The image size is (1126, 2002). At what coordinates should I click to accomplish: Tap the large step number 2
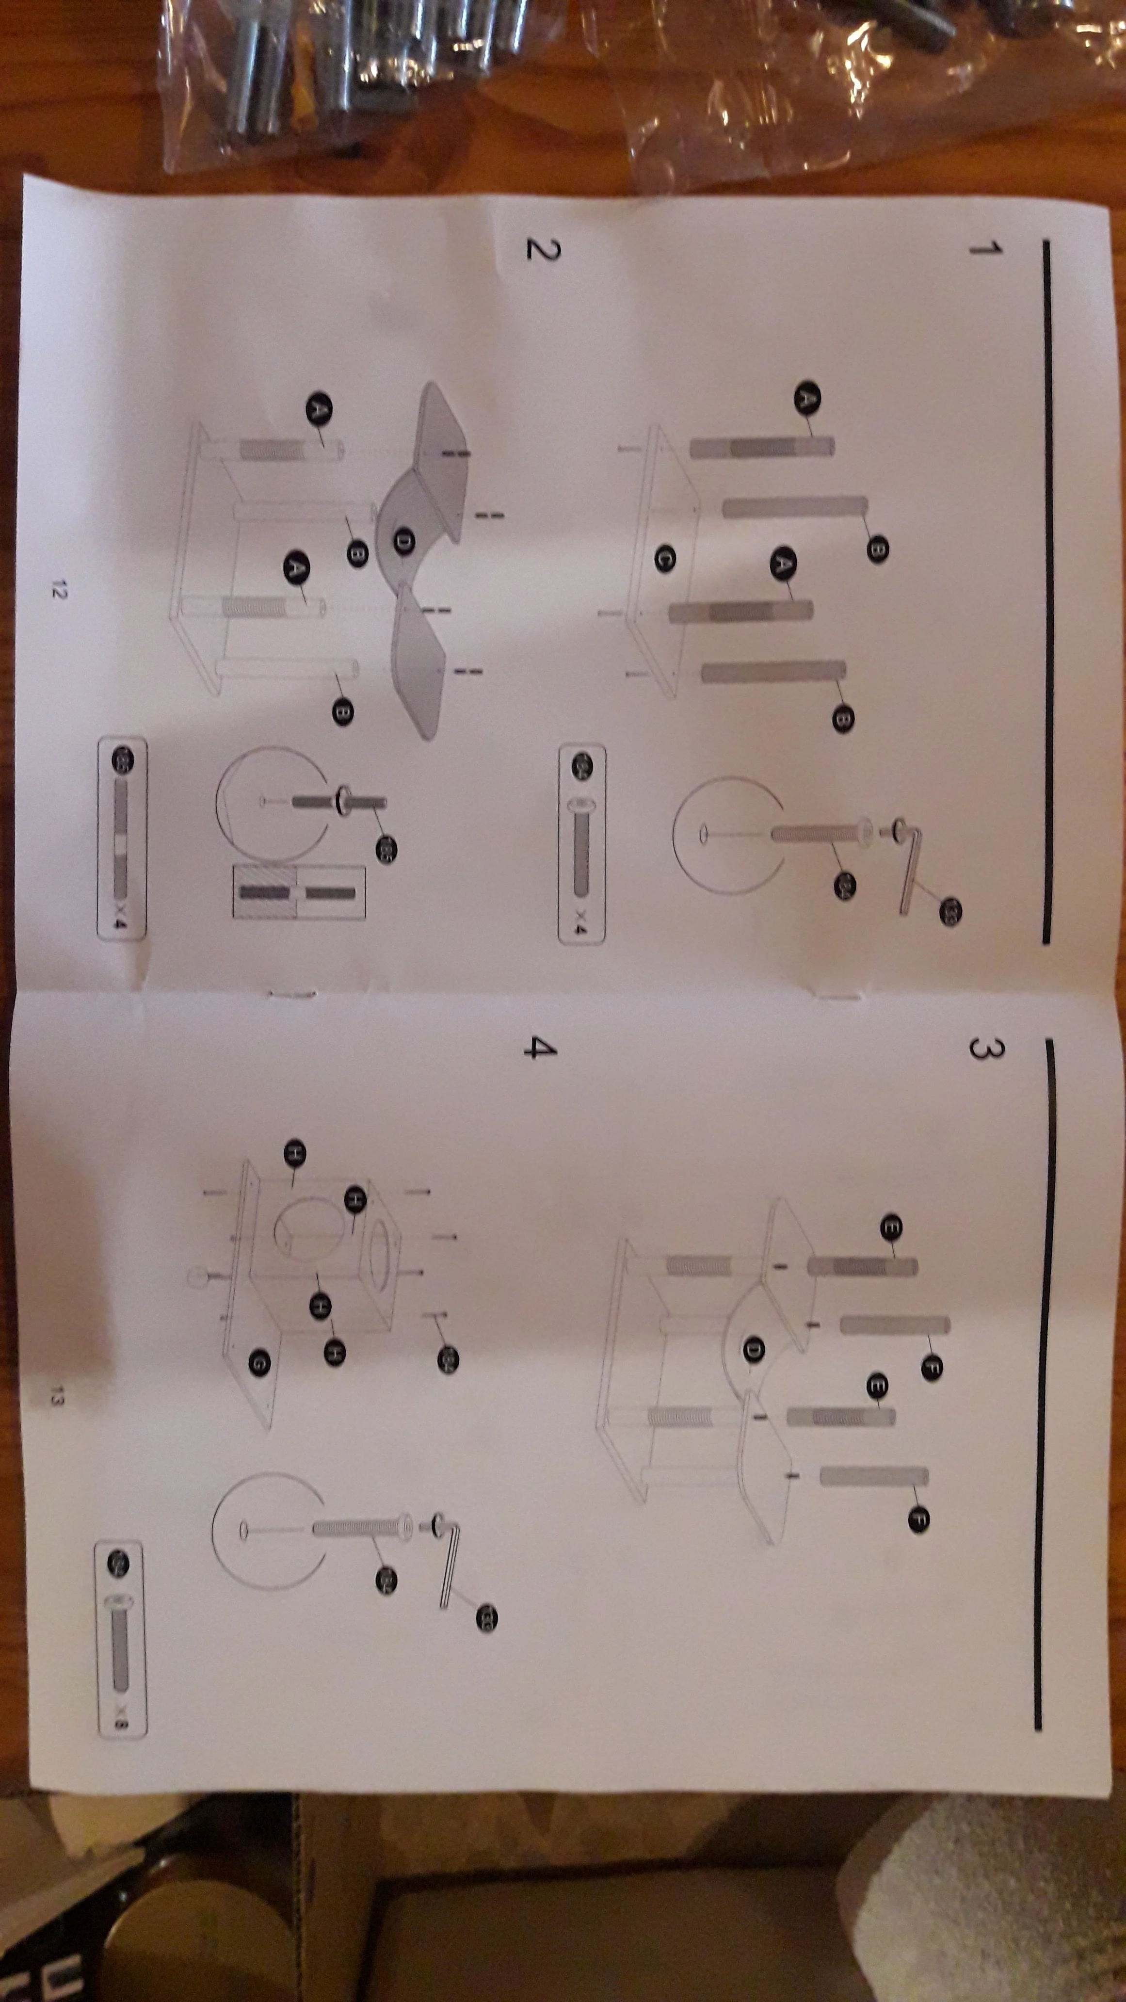[x=542, y=249]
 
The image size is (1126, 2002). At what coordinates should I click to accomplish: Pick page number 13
[x=55, y=1397]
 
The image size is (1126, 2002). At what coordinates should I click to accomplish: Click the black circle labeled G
[x=259, y=1362]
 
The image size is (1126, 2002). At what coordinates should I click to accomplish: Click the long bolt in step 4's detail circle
[x=361, y=1528]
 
